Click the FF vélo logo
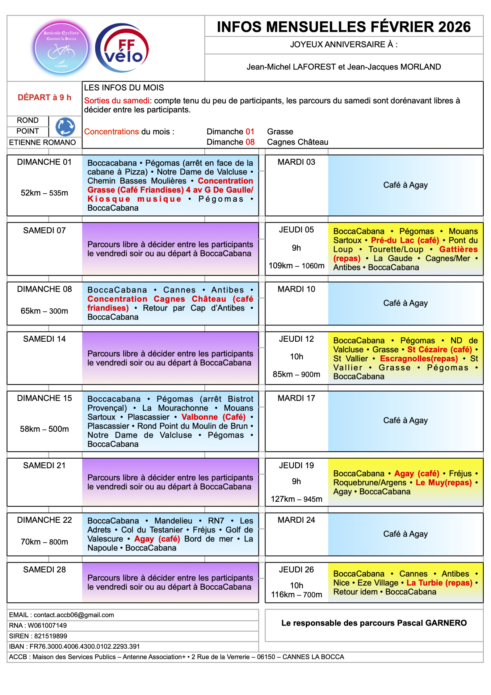tap(122, 48)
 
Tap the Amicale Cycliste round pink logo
tap(61, 48)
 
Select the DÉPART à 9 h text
tap(45, 97)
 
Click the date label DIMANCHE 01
tap(45, 162)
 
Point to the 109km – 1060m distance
tap(297, 266)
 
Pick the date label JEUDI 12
tap(297, 339)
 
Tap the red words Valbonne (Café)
tap(213, 417)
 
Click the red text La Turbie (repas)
tap(439, 583)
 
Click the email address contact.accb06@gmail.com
tap(74, 615)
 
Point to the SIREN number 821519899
tap(51, 636)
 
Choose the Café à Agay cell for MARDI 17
tap(406, 421)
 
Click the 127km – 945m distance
tap(297, 499)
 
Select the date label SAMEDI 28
tap(45, 570)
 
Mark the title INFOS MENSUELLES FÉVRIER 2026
tap(344, 27)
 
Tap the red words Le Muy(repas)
tap(444, 483)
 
